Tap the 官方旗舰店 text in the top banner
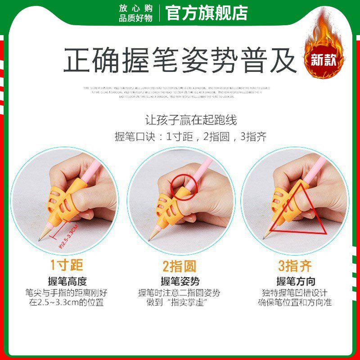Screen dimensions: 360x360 click(x=207, y=13)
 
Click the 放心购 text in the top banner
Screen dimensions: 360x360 click(x=136, y=9)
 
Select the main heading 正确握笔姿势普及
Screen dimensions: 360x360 click(x=180, y=61)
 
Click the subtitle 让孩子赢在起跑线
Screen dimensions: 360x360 click(x=191, y=120)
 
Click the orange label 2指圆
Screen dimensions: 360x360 click(x=180, y=266)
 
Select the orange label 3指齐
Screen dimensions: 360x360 click(x=295, y=266)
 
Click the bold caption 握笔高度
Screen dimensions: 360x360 click(x=66, y=281)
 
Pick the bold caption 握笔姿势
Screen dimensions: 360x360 click(x=180, y=281)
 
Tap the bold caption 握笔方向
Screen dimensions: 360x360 click(x=295, y=281)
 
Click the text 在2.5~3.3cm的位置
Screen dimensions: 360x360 click(x=66, y=302)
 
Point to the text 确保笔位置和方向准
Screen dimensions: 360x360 click(x=295, y=302)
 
